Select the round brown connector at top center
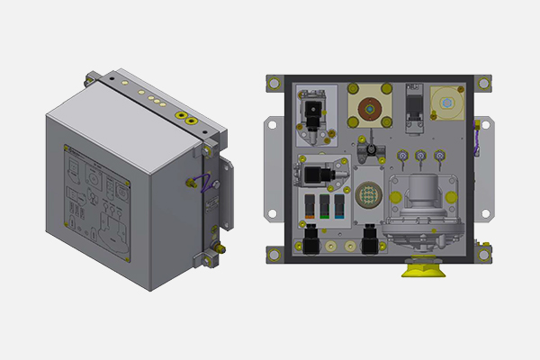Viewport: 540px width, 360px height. [367, 110]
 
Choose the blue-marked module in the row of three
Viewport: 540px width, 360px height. [338, 205]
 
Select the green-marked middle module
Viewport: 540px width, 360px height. [322, 205]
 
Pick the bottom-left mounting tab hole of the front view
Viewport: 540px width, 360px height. [272, 261]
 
